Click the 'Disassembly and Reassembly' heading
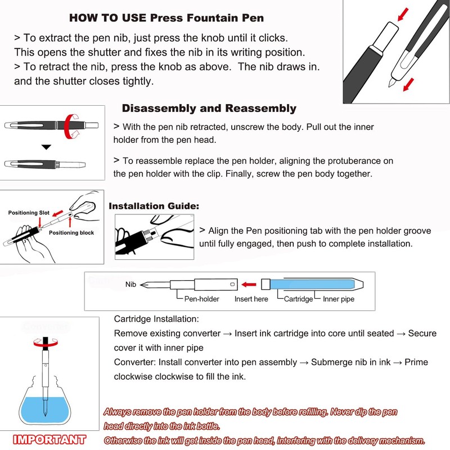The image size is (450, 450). [209, 108]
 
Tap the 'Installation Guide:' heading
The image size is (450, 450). [154, 206]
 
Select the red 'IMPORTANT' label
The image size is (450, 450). [49, 439]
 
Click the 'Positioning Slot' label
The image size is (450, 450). [29, 213]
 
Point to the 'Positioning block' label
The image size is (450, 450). [71, 232]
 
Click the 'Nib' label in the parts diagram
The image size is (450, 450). [130, 285]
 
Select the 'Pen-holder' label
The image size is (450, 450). [202, 299]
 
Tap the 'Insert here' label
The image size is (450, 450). [251, 299]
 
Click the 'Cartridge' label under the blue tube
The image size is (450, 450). [298, 299]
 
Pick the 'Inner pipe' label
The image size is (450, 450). [339, 299]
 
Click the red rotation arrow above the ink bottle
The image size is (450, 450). [44, 341]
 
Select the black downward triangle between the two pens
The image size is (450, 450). [46, 147]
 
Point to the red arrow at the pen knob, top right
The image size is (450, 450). [403, 13]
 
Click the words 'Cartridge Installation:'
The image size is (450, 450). [156, 319]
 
